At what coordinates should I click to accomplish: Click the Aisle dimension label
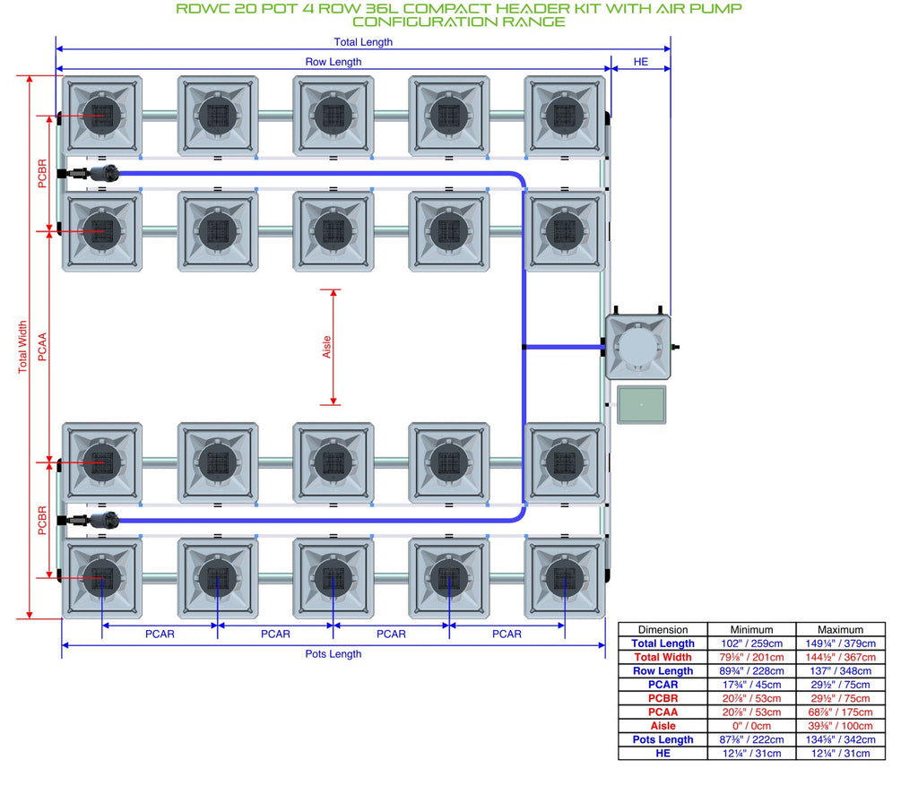(326, 347)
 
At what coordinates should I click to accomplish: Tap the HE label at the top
(640, 62)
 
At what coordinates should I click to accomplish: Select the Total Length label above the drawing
(363, 41)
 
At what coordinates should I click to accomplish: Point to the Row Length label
(333, 62)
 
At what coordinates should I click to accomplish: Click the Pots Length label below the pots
(333, 653)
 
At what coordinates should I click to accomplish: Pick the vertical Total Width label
(22, 347)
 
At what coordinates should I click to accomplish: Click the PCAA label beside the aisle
(42, 347)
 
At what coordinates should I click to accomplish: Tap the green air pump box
(642, 404)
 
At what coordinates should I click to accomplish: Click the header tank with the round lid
(638, 347)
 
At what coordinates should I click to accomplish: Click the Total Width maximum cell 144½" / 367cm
(840, 657)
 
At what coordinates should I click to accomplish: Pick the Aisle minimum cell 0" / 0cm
(752, 726)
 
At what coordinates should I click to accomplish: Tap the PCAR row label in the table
(663, 685)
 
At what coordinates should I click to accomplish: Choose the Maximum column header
(840, 630)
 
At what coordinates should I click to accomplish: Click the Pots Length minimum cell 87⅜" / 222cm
(752, 739)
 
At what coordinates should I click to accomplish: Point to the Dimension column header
(663, 630)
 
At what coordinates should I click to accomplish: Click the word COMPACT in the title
(446, 9)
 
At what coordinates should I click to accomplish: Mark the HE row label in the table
(663, 753)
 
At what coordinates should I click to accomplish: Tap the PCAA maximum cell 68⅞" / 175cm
(840, 712)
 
